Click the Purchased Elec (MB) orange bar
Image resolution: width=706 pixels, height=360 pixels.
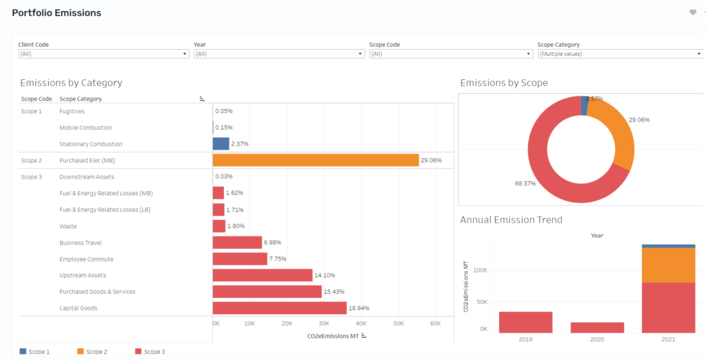click(316, 161)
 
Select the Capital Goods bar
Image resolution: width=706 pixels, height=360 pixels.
click(280, 308)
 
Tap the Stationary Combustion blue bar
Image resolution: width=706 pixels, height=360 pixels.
click(221, 143)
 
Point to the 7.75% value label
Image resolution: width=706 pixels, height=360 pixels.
click(278, 259)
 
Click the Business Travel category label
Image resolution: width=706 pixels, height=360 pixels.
click(81, 243)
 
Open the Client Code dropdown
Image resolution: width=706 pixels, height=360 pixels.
click(103, 54)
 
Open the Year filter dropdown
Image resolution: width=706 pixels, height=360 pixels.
click(279, 54)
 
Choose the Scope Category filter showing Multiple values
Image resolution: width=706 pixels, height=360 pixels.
click(620, 54)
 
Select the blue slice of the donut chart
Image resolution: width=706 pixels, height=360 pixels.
click(585, 106)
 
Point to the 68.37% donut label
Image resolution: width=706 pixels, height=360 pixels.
click(525, 183)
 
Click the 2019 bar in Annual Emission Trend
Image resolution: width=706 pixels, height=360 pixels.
click(525, 322)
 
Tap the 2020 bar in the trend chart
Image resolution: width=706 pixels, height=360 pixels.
click(597, 328)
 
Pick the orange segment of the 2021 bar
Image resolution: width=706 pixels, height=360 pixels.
click(668, 265)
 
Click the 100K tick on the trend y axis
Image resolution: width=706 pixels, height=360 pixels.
click(480, 270)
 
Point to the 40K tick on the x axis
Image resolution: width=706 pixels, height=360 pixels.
click(361, 323)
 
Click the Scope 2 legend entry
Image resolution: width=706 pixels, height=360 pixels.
click(92, 352)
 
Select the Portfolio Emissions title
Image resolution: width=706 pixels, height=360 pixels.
click(57, 13)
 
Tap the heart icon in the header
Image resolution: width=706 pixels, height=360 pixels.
click(693, 12)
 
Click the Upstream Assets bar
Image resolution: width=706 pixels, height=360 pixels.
click(263, 275)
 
